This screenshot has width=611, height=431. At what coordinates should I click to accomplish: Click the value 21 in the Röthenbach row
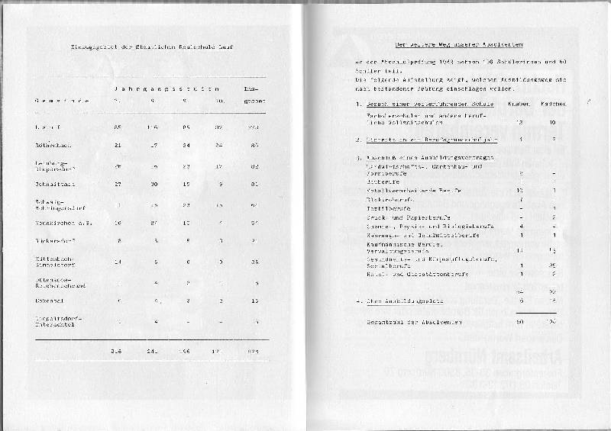117,143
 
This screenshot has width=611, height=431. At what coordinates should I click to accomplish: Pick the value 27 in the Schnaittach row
117,182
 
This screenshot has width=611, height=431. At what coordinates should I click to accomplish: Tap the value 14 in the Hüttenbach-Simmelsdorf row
117,262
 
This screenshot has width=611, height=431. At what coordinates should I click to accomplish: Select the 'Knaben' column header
519,103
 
